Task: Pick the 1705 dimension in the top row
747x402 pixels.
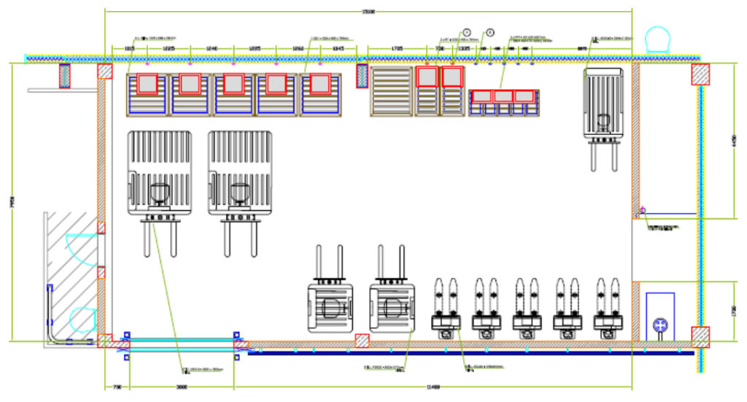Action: coord(397,48)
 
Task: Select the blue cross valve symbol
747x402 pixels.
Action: coord(660,325)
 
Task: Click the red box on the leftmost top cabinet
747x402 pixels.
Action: coord(147,84)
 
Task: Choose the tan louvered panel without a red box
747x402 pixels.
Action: coord(392,90)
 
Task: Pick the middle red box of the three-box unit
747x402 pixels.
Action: coord(503,96)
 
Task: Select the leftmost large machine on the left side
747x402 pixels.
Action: coord(160,175)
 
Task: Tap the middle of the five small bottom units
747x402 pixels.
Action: coord(524,310)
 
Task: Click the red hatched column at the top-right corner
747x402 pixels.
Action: coord(700,74)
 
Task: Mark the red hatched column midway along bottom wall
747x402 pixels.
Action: coord(361,340)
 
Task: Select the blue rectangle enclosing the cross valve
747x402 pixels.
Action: coord(660,315)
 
